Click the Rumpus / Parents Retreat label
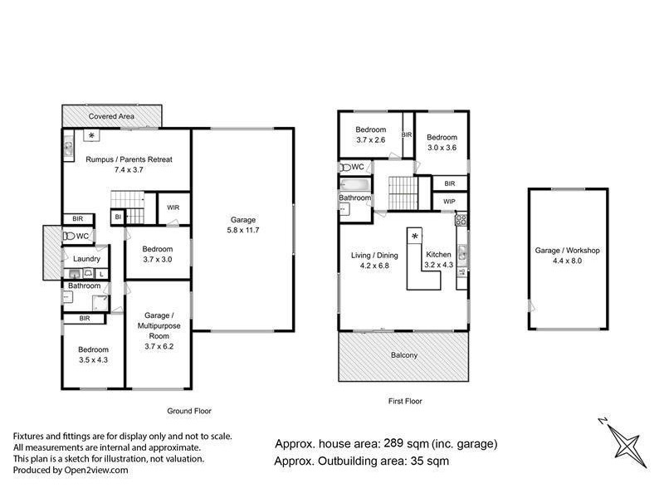[x=129, y=159]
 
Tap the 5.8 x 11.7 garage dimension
[x=242, y=231]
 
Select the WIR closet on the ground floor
[x=174, y=207]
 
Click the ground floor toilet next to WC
[x=69, y=237]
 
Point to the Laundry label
[x=86, y=259]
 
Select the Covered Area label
[x=113, y=117]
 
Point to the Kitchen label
[x=439, y=255]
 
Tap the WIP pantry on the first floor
[x=448, y=202]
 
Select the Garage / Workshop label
[x=567, y=250]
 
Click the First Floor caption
[x=405, y=401]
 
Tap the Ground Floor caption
[x=190, y=411]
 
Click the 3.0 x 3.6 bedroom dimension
[x=441, y=148]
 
